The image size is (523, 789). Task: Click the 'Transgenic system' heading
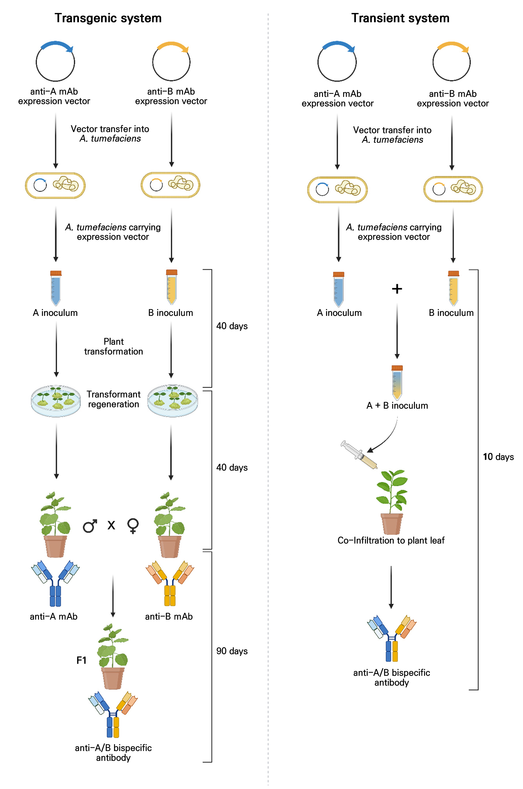coord(108,18)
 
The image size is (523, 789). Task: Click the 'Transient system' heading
coord(400,18)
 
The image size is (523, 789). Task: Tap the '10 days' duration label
coord(498,456)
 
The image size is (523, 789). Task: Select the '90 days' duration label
coord(232,651)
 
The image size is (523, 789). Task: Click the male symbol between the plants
coord(90,526)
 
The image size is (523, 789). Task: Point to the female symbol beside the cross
coord(133,526)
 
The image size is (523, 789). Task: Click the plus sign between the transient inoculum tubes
coord(397,289)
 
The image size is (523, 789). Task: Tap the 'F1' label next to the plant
coord(81,660)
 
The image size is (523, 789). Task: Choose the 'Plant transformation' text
coord(114,346)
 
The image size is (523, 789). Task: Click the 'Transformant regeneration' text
coord(114,399)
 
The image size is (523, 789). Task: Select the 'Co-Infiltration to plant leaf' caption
coord(391,541)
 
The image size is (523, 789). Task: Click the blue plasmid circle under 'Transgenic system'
coord(55,61)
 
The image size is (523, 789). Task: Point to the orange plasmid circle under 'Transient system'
coord(451,61)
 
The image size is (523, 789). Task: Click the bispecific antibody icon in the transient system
coord(392,638)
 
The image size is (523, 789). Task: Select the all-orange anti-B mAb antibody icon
coord(170,583)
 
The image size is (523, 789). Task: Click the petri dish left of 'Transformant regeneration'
coord(56,401)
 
